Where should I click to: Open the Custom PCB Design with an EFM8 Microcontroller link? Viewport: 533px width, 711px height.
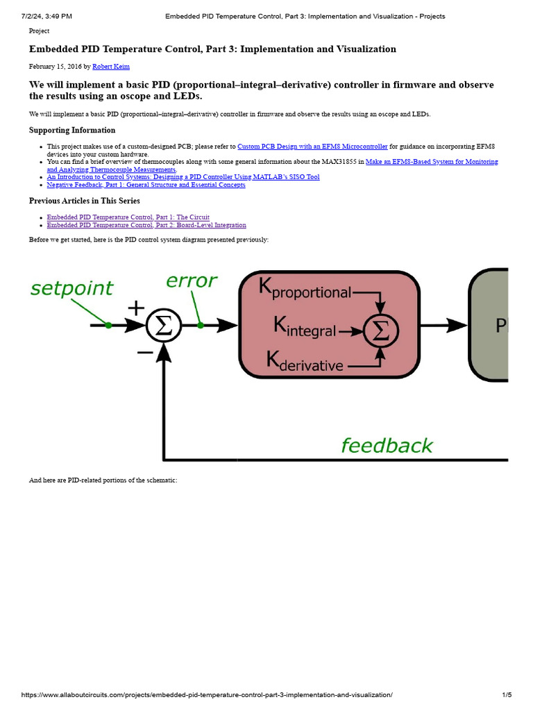(312, 147)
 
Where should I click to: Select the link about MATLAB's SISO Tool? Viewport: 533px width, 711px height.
(183, 177)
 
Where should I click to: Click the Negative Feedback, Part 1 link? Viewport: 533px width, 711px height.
(146, 185)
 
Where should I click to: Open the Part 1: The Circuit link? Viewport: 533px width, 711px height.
(128, 217)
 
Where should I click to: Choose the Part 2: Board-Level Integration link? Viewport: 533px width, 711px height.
(146, 225)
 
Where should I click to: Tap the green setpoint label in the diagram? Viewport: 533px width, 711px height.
(71, 288)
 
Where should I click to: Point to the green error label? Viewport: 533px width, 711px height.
(191, 281)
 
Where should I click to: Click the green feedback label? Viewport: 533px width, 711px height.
(387, 445)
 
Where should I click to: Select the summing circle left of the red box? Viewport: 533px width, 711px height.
(164, 325)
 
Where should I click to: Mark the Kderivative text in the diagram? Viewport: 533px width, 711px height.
(304, 362)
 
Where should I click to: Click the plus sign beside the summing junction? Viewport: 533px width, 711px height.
(137, 308)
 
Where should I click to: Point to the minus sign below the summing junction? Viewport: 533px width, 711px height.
(145, 352)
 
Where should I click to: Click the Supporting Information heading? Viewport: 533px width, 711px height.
(72, 130)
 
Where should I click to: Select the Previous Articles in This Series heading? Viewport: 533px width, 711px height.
(84, 201)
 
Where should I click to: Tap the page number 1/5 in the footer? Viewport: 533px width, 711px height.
(507, 695)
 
